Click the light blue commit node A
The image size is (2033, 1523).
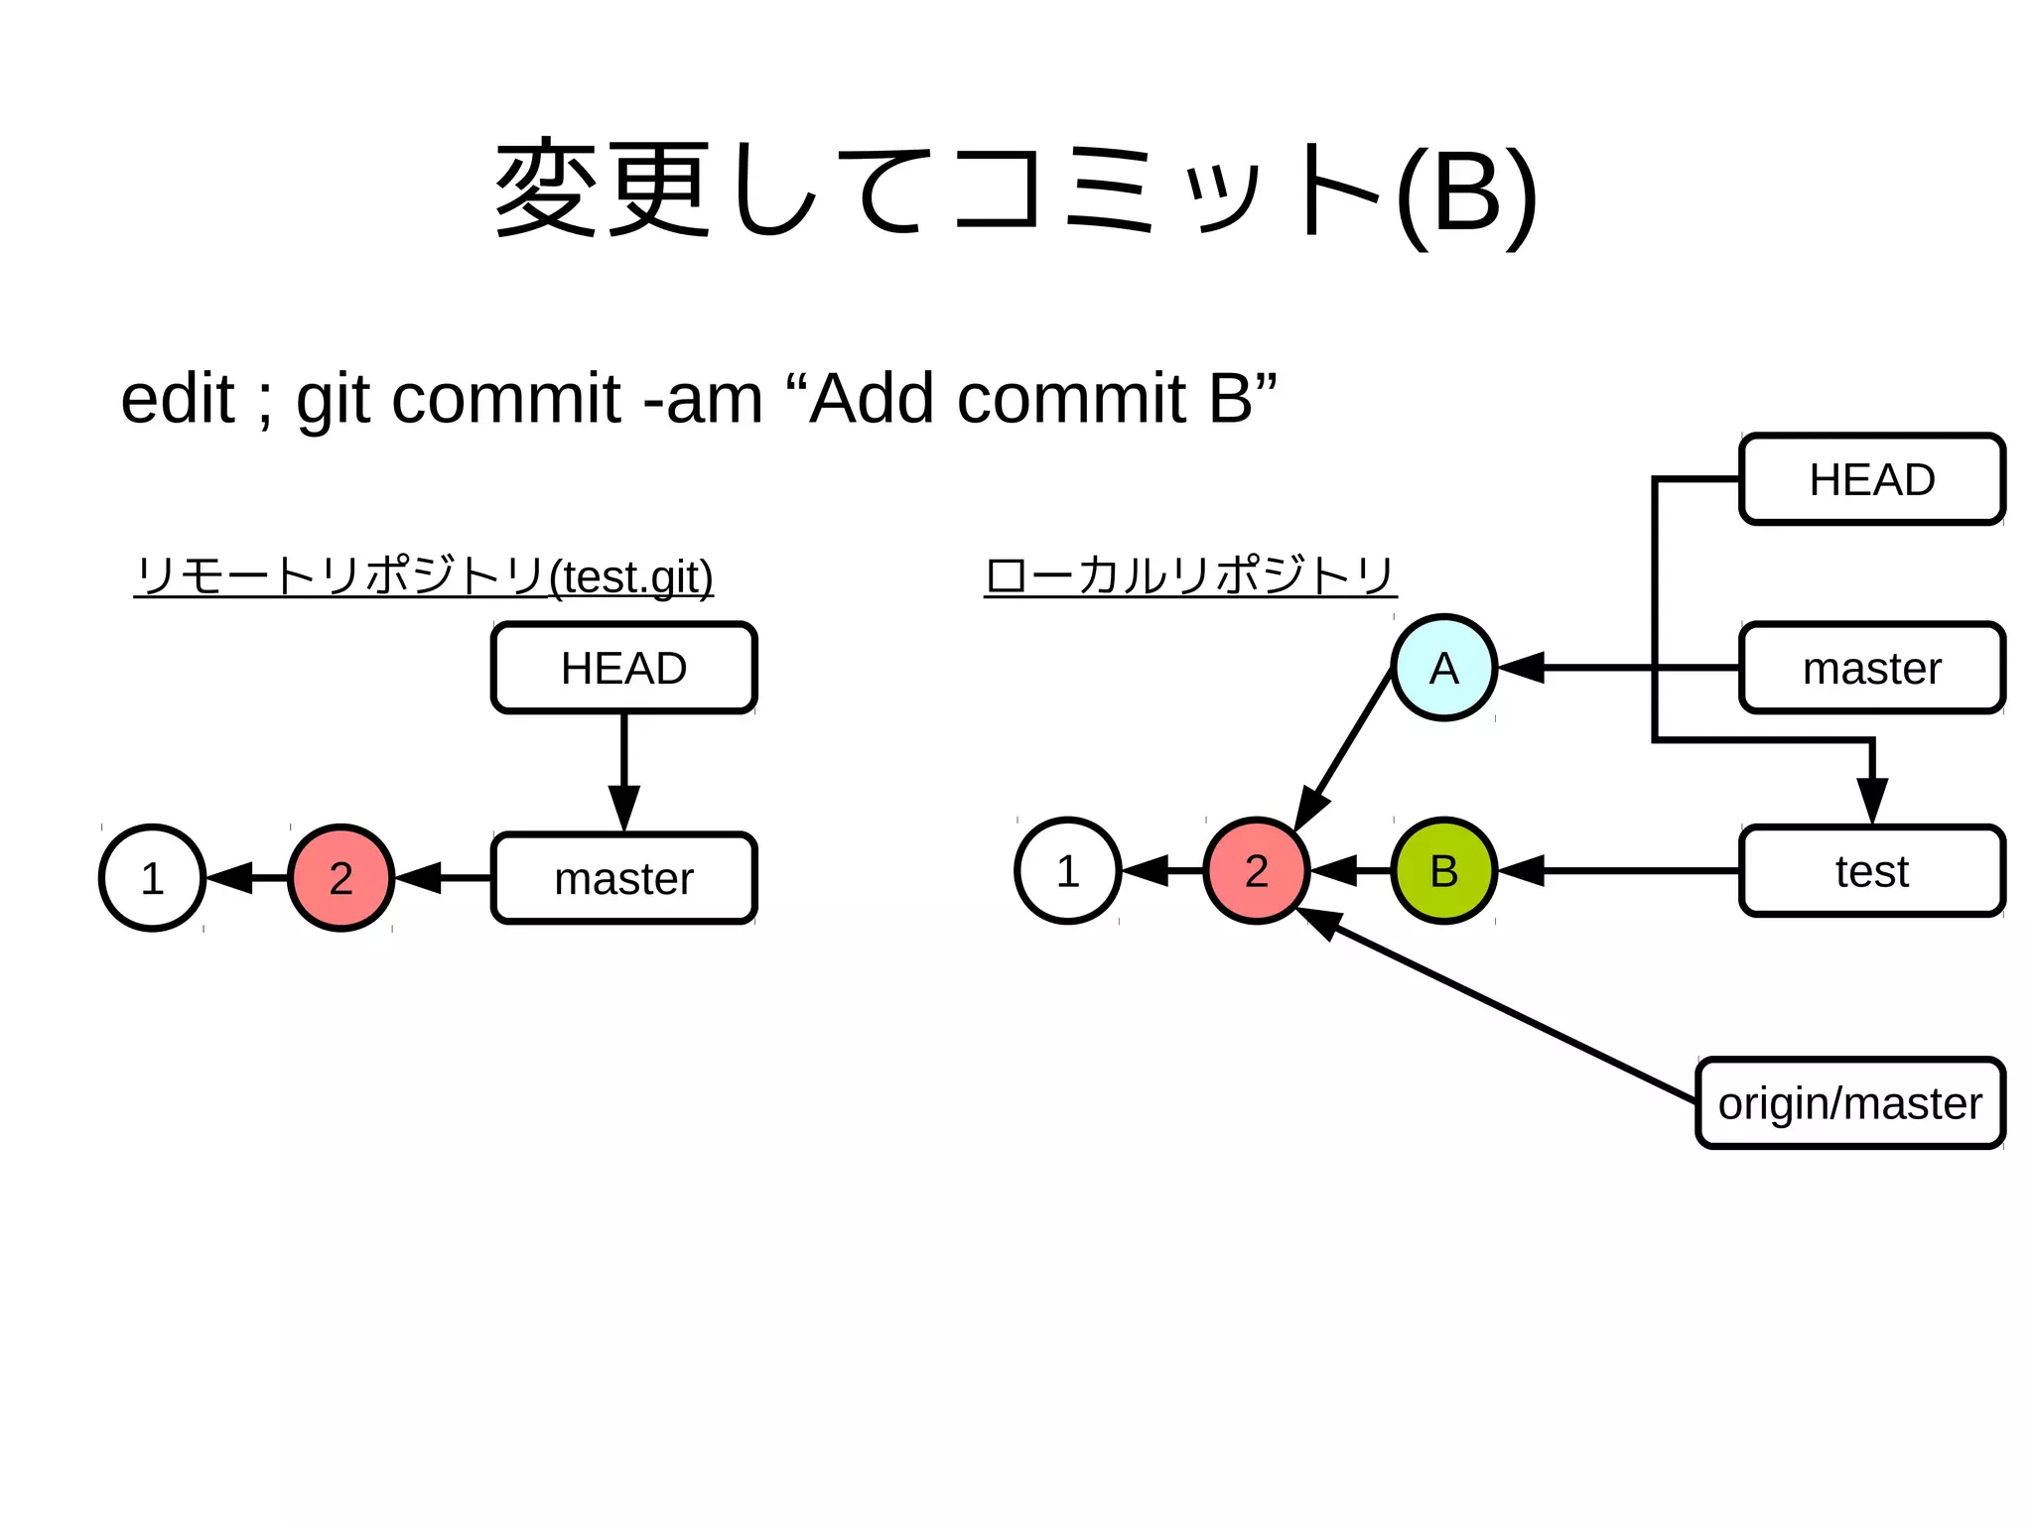(x=1443, y=668)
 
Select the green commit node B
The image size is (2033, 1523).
(x=1443, y=870)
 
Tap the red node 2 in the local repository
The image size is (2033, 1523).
(x=1256, y=870)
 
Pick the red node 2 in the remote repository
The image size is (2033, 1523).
(x=340, y=877)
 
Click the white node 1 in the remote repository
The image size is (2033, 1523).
(x=152, y=877)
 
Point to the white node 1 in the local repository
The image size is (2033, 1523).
(x=1067, y=870)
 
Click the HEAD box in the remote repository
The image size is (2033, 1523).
(x=623, y=668)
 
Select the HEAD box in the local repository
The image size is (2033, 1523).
(x=1871, y=479)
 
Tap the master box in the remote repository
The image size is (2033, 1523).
(x=623, y=878)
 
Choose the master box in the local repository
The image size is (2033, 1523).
(x=1871, y=668)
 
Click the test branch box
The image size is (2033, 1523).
(x=1871, y=870)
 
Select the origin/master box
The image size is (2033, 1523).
(x=1849, y=1102)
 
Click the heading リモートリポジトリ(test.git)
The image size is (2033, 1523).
(x=424, y=575)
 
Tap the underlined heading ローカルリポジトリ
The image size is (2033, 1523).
(x=1189, y=575)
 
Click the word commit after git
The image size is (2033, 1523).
(x=506, y=399)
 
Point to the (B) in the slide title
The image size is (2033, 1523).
(x=1466, y=193)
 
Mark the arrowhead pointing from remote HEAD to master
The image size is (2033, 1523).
(x=623, y=807)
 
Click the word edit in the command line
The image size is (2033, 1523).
(x=177, y=399)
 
